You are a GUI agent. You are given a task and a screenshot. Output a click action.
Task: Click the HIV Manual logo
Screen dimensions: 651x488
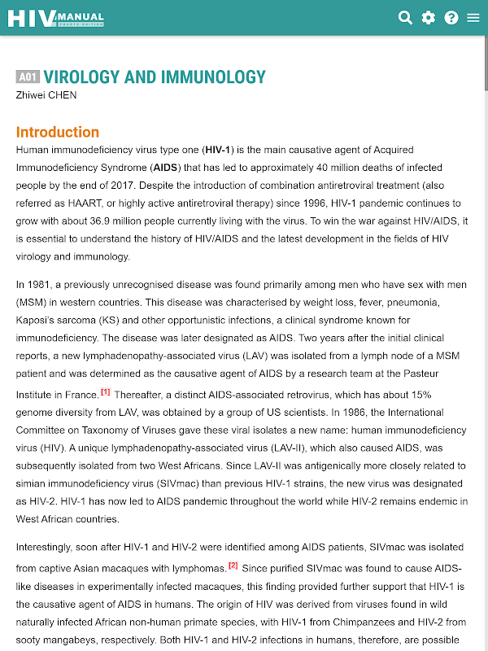pos(55,17)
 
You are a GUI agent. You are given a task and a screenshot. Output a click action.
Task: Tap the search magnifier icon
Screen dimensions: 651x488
pos(405,18)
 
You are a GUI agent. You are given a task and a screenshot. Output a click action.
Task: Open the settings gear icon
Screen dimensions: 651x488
pos(428,18)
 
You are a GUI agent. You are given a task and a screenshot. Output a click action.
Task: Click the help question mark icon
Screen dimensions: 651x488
pos(451,18)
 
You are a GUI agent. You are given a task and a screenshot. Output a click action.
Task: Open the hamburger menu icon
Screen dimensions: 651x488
pos(473,18)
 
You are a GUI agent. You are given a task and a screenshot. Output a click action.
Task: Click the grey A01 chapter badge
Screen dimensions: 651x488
pos(28,77)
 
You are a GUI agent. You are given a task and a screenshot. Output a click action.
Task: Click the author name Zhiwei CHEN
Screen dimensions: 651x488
pos(46,95)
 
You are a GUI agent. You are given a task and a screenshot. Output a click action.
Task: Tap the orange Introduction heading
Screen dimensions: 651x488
pos(58,132)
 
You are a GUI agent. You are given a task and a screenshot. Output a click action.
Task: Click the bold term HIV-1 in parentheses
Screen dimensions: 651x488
pos(219,150)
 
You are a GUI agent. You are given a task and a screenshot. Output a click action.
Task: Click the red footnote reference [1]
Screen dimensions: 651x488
pos(106,391)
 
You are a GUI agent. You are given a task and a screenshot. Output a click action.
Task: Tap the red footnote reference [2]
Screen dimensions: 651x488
pos(233,565)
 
